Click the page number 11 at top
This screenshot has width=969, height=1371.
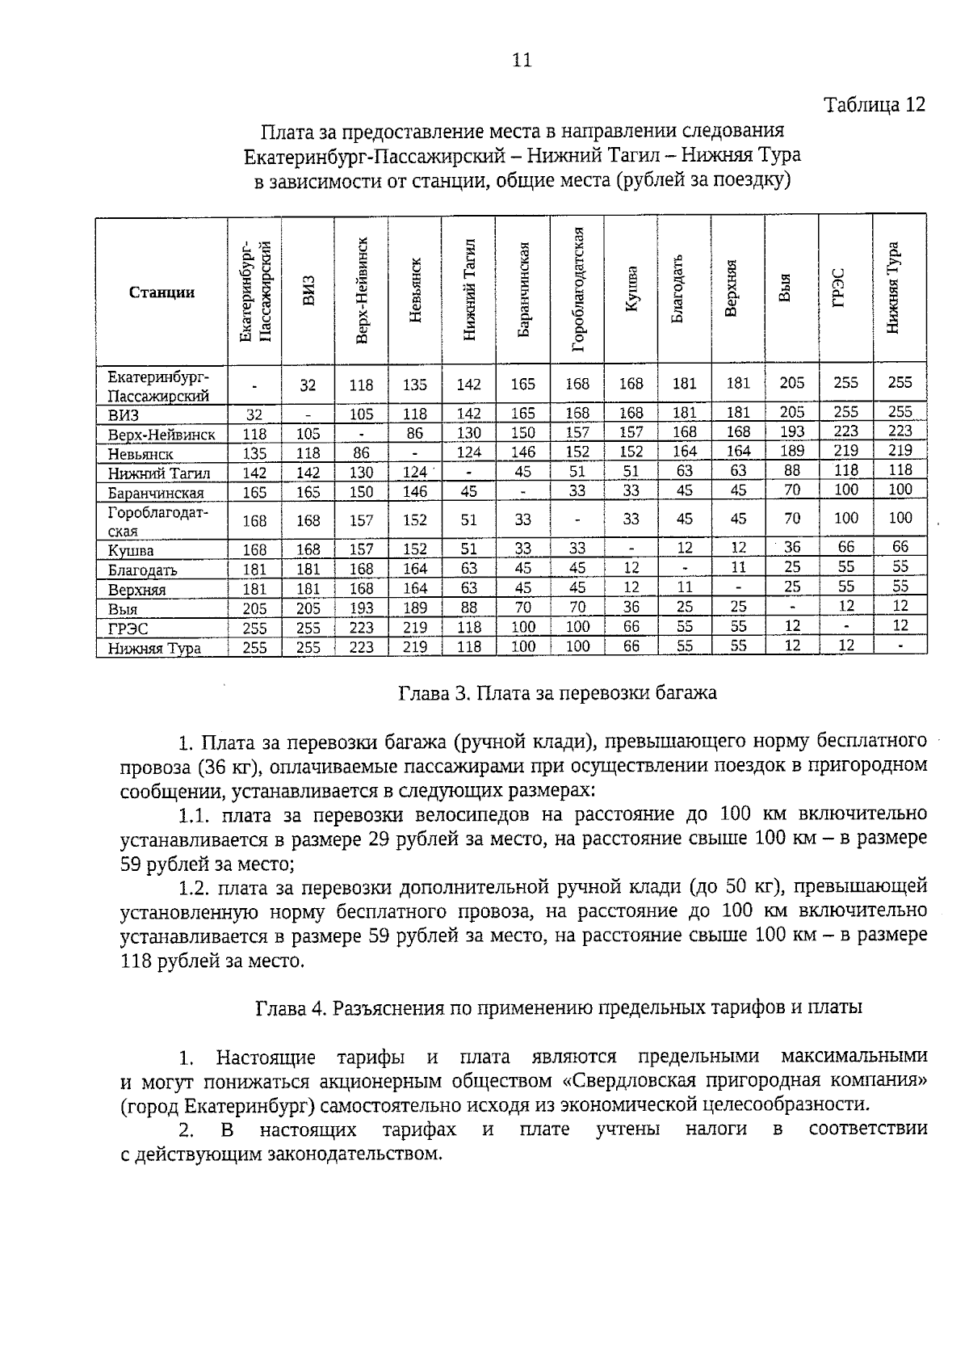click(x=522, y=60)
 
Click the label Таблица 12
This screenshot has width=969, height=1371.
click(x=874, y=105)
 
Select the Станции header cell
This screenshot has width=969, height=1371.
click(x=161, y=292)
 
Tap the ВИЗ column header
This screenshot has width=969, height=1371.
click(x=308, y=292)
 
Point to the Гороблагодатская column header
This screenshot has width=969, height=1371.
click(x=577, y=290)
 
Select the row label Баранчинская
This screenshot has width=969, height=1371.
click(x=156, y=493)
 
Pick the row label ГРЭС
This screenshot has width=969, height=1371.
click(x=128, y=628)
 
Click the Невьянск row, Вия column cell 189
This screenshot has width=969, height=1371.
click(x=792, y=451)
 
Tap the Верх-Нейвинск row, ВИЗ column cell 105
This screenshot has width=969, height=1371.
click(x=308, y=434)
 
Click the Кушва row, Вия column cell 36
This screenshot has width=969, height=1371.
click(x=792, y=547)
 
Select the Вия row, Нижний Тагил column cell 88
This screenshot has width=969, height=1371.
click(x=469, y=607)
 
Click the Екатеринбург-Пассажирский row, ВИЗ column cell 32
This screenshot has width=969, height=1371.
click(x=308, y=385)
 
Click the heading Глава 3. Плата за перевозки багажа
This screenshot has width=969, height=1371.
click(x=558, y=692)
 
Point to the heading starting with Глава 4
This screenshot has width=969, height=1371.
click(x=558, y=1007)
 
